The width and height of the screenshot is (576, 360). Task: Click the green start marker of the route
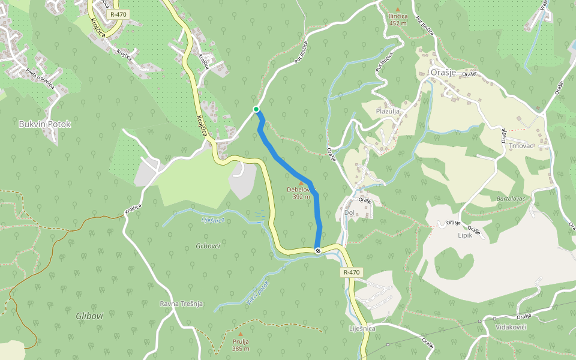pyautogui.click(x=256, y=109)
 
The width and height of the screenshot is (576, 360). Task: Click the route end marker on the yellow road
pyautogui.click(x=317, y=250)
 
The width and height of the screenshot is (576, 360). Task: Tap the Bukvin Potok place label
pyautogui.click(x=45, y=124)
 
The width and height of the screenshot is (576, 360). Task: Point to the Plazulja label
pyautogui.click(x=388, y=111)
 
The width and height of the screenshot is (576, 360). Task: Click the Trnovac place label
pyautogui.click(x=521, y=146)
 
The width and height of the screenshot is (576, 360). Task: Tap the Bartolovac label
pyautogui.click(x=511, y=198)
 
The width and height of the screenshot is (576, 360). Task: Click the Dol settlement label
pyautogui.click(x=349, y=212)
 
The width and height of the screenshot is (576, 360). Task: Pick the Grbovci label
pyautogui.click(x=208, y=246)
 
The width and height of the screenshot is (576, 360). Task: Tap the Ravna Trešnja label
pyautogui.click(x=181, y=304)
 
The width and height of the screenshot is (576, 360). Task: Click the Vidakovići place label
pyautogui.click(x=511, y=327)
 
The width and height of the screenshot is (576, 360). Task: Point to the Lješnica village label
pyautogui.click(x=362, y=329)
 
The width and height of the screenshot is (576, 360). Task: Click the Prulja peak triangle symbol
pyautogui.click(x=241, y=334)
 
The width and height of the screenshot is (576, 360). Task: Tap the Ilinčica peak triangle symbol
pyautogui.click(x=397, y=10)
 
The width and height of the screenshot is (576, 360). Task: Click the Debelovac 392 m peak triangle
pyautogui.click(x=301, y=175)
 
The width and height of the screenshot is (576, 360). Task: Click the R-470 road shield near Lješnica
pyautogui.click(x=352, y=272)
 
